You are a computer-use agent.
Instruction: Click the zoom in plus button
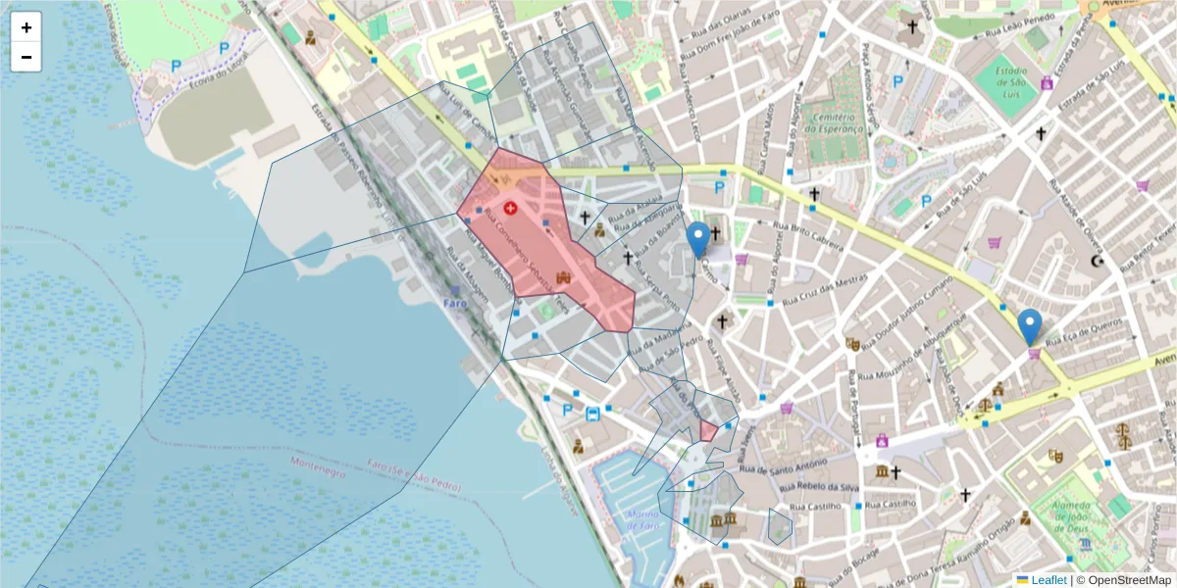pos(26,27)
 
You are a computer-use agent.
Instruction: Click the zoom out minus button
pos(26,57)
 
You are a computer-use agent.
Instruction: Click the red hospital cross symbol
pos(510,208)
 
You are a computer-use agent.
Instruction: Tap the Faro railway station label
pos(455,303)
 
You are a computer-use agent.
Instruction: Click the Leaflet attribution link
pos(1048,580)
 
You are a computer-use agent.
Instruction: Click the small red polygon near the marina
pos(708,431)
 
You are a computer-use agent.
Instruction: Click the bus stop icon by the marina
pos(592,413)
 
